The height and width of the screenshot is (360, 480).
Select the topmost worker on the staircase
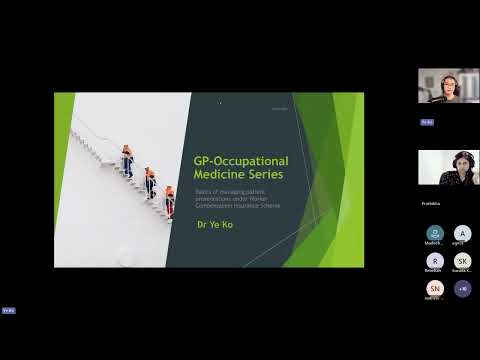127,160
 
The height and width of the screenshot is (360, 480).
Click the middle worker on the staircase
150,181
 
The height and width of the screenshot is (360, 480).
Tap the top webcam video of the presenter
448,86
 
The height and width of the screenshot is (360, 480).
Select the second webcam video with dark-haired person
448,167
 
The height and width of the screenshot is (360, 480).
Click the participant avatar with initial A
462,234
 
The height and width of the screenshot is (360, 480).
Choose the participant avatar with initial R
434,261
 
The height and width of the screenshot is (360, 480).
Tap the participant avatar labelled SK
462,261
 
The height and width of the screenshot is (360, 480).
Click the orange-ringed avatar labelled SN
434,288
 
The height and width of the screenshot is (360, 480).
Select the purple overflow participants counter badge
462,288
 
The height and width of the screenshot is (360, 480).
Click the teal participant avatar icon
434,234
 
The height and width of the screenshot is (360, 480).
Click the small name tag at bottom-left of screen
8,310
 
